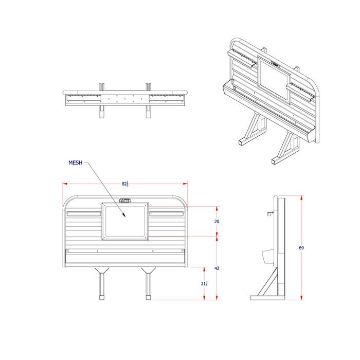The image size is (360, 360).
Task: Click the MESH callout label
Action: pos(75,163)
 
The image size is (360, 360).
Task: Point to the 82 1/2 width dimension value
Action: pos(125,184)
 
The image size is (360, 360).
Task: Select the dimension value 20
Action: pos(217,221)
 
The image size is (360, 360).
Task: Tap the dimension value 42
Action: pos(217,268)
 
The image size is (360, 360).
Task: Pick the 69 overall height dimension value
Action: pos(301,248)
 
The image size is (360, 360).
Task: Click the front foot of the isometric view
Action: pos(275,161)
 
